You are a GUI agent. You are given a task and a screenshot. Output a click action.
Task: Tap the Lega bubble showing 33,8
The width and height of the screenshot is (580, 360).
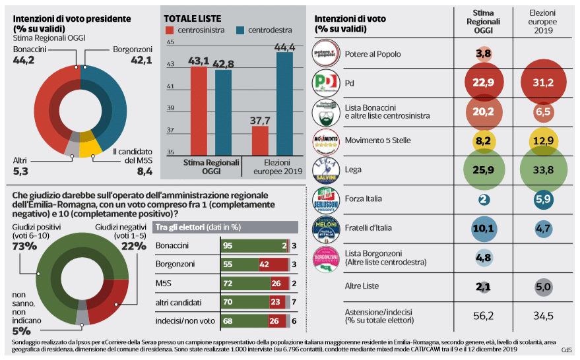[542, 169]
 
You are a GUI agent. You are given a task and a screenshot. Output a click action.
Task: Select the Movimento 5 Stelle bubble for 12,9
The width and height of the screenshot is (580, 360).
[542, 140]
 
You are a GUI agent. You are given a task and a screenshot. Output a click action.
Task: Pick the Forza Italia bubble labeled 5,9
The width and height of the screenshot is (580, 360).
[542, 198]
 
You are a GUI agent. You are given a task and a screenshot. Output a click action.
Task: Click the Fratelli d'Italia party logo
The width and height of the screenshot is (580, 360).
[326, 227]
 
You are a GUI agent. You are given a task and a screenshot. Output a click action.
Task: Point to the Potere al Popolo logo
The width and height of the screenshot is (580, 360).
[326, 53]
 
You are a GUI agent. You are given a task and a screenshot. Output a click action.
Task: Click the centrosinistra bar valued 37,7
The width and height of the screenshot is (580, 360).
[260, 140]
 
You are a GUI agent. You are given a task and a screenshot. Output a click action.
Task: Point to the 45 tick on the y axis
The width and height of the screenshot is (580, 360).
[170, 42]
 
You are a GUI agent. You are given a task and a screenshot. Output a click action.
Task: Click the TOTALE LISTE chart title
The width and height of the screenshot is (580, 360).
[193, 18]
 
